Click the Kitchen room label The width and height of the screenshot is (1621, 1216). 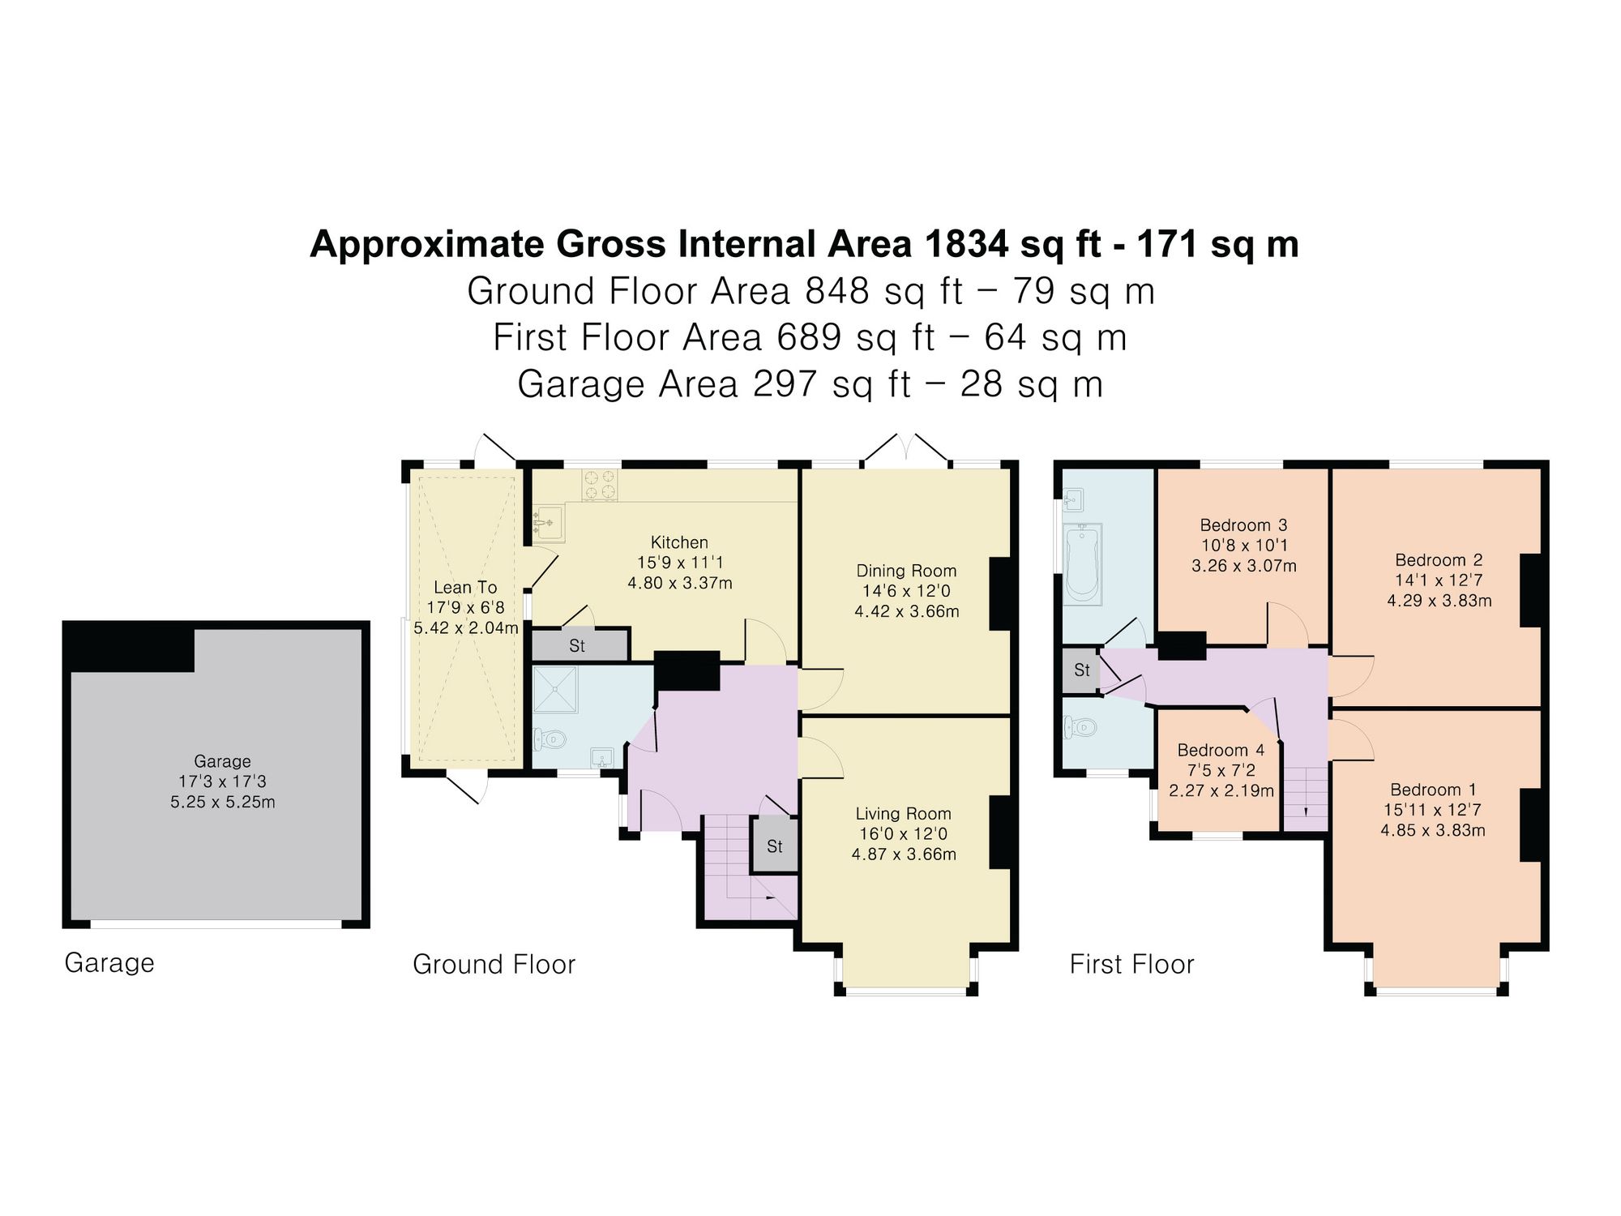[679, 542]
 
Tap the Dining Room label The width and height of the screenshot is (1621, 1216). [906, 571]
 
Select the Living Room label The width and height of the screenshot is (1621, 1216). [903, 814]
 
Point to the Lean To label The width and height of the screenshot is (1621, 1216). [465, 587]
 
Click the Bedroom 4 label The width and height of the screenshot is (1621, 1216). [1221, 750]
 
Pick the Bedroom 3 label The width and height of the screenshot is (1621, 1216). [1243, 525]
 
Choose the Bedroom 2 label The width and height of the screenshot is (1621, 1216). [1439, 560]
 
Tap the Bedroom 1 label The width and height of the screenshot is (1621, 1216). [1433, 790]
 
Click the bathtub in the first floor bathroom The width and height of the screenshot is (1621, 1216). [1082, 564]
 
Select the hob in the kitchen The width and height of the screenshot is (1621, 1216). [600, 485]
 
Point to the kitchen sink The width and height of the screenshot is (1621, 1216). [550, 522]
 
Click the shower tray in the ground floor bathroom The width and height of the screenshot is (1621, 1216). [555, 689]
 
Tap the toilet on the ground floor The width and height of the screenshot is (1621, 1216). [549, 739]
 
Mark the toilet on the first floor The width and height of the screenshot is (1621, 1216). [1079, 726]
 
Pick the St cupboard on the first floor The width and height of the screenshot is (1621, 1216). [1081, 670]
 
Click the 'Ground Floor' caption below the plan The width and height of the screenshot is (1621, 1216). [494, 964]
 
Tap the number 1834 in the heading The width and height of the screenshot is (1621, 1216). [966, 243]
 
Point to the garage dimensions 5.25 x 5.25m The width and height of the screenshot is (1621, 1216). [223, 803]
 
